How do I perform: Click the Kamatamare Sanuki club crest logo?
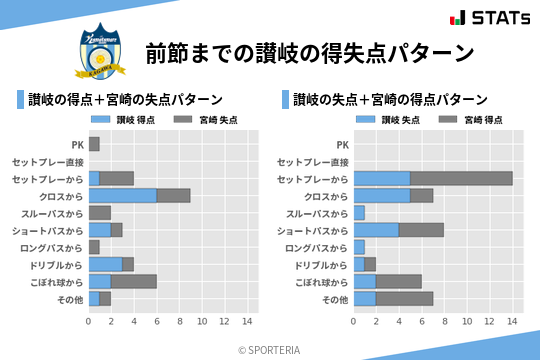point(101,53)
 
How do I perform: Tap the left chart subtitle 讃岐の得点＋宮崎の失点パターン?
point(125,100)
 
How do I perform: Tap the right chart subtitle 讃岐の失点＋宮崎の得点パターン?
point(390,100)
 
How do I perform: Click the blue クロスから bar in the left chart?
point(122,196)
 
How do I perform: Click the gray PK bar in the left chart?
point(94,144)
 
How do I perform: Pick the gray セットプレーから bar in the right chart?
point(461,178)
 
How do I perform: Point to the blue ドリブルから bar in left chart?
point(105,264)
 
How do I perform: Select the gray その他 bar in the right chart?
point(404,298)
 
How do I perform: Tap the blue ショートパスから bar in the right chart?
point(376,230)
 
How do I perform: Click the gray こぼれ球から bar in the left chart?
point(134,281)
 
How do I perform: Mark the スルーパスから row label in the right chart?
point(317,213)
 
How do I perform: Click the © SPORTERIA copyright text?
point(270,349)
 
